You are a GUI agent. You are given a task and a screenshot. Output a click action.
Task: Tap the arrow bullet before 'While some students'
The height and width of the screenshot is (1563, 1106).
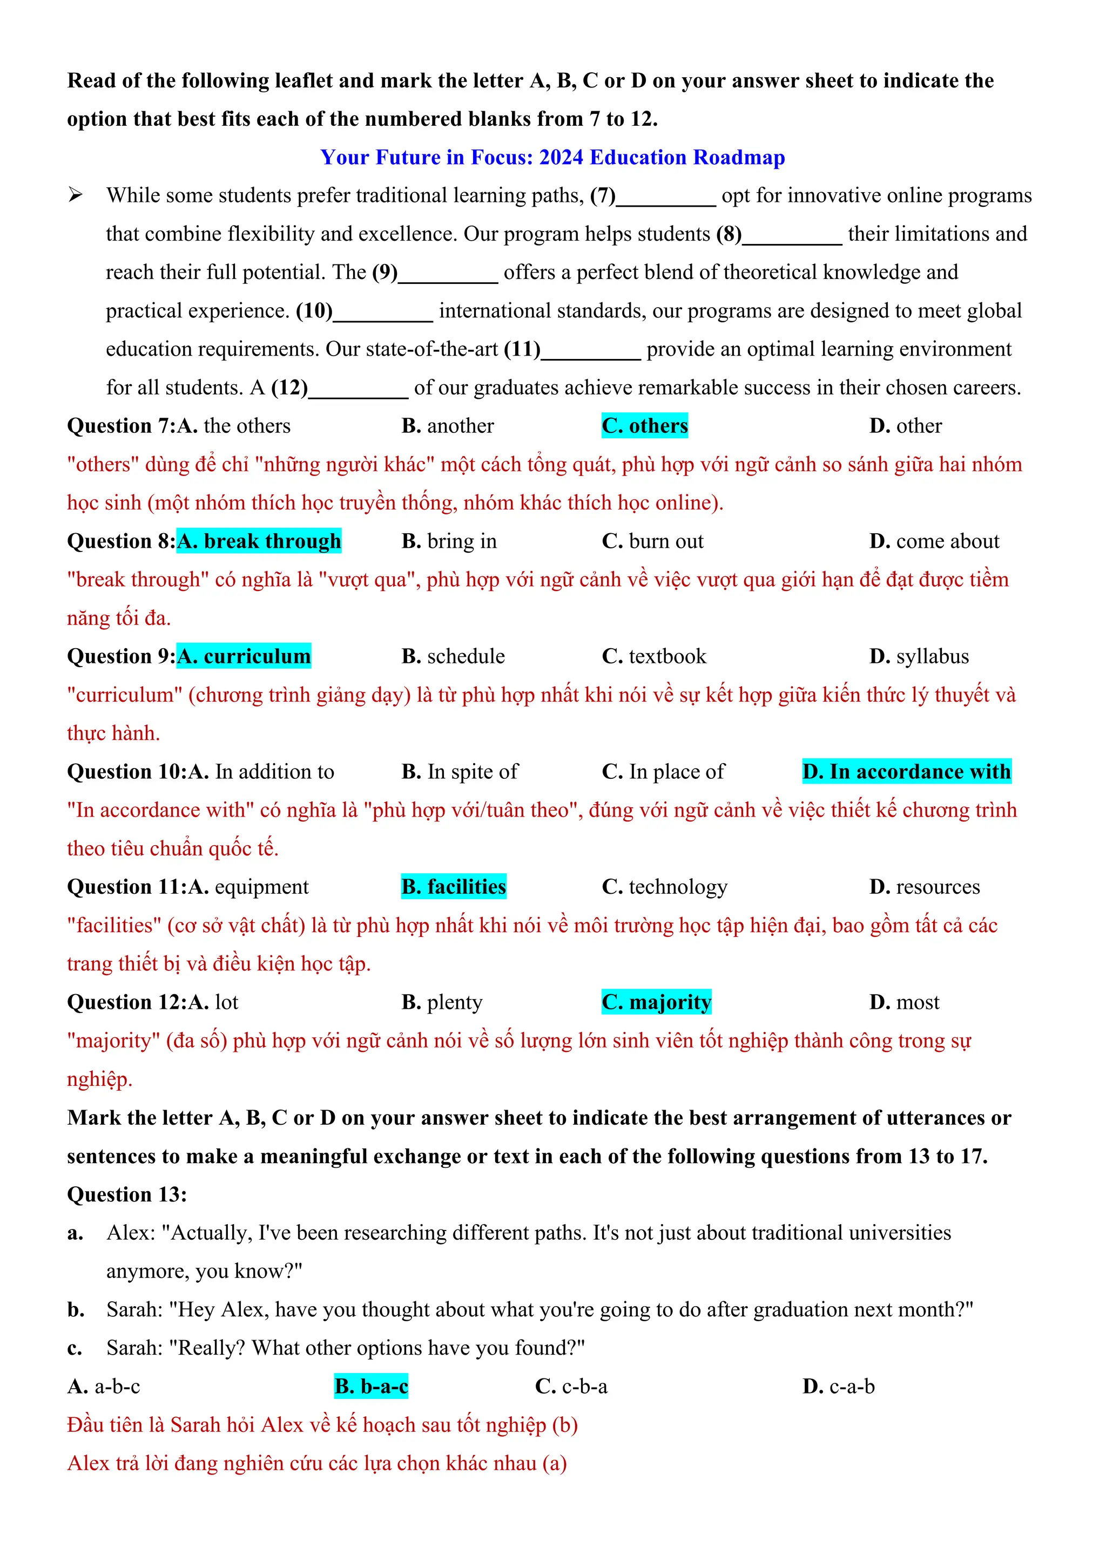[x=75, y=195]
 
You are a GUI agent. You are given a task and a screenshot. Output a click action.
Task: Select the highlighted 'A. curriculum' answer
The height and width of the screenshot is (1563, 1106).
[x=244, y=656]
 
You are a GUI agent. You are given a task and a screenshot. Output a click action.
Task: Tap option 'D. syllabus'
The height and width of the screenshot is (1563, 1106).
[x=919, y=656]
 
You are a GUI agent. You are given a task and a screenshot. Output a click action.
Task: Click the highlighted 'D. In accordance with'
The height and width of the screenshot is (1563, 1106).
[x=907, y=771]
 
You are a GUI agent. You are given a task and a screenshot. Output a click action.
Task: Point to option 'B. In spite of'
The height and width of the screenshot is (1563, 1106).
[x=459, y=771]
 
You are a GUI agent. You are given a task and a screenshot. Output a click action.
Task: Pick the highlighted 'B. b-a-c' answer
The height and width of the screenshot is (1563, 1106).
[x=371, y=1386]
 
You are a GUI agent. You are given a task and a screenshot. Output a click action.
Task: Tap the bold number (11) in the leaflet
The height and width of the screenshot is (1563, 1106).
[x=522, y=349]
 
